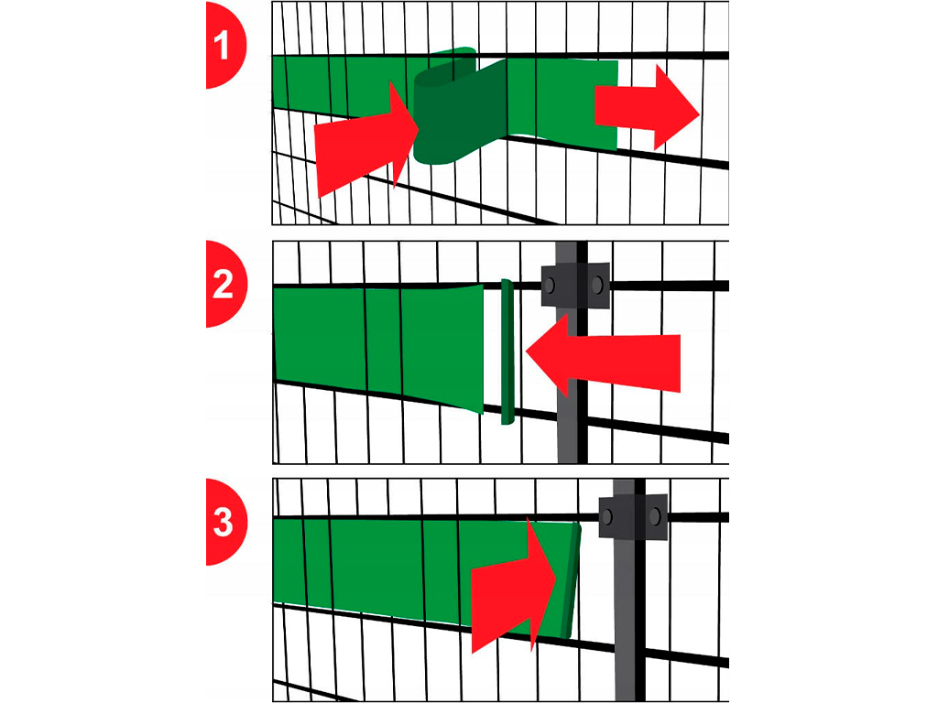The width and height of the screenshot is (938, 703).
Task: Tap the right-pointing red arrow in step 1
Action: (x=647, y=108)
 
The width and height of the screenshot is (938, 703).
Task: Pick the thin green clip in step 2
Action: (x=507, y=352)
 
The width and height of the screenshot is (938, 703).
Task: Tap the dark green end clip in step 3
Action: (x=571, y=580)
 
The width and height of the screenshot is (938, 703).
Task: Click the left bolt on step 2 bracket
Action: (x=550, y=286)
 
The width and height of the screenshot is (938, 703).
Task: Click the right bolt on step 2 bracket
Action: (x=597, y=286)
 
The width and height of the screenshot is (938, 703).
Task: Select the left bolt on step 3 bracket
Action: (x=607, y=516)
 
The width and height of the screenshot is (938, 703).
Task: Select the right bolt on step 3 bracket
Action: (x=655, y=516)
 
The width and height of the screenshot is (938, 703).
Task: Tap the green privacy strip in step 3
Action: (x=419, y=574)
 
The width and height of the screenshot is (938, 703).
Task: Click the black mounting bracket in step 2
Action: (x=575, y=286)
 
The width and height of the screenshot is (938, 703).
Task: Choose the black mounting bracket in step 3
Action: (x=634, y=516)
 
